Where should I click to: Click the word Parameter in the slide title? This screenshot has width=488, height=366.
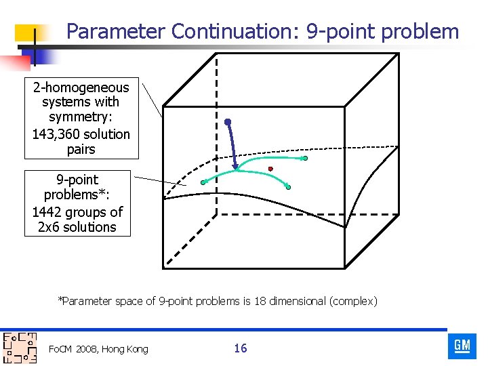point(116,31)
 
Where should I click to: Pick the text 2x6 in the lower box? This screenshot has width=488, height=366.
point(49,227)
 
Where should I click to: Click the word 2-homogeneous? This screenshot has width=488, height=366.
point(81,87)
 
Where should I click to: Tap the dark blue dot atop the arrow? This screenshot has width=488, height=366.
point(228,122)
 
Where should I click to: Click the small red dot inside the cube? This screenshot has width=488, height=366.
point(270,168)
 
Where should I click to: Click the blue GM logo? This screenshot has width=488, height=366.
point(462,346)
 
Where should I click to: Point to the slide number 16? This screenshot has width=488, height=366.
point(241,348)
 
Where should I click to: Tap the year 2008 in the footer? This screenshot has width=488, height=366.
point(86,349)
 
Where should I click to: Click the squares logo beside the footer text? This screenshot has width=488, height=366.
point(19,348)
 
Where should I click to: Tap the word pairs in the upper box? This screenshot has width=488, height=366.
point(81,149)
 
